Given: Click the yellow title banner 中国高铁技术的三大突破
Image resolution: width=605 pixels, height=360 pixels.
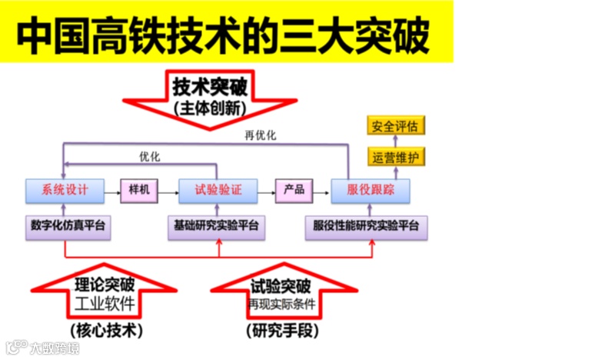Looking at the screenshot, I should [x=227, y=32].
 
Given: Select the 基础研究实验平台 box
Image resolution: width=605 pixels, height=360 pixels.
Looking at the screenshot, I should [x=217, y=227].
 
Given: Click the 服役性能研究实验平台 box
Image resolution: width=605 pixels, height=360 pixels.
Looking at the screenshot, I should [x=366, y=227].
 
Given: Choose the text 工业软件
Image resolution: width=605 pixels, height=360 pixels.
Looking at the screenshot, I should [x=107, y=304].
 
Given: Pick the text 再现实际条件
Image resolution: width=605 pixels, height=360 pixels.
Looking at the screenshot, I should [x=281, y=304].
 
